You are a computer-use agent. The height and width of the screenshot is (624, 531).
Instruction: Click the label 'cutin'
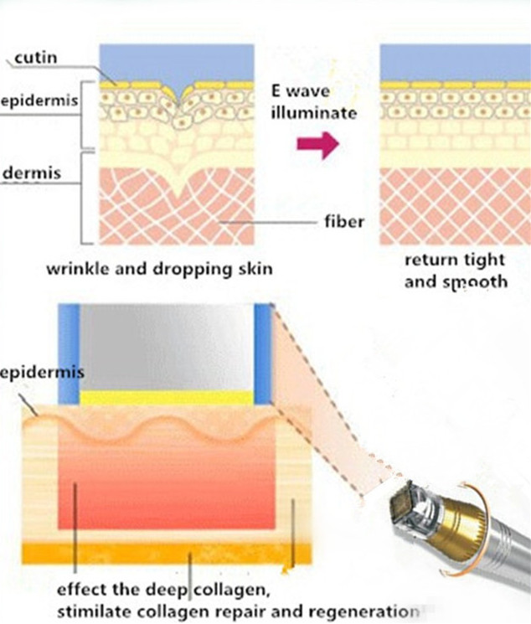point(36,58)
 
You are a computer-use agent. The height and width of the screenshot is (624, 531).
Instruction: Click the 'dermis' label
point(32,173)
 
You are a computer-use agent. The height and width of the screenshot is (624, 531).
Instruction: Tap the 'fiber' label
point(344,221)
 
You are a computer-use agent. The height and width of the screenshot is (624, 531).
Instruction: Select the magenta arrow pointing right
point(318,144)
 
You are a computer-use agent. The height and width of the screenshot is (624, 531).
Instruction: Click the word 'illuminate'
point(314,112)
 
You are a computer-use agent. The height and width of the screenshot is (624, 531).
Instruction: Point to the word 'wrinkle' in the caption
point(77,269)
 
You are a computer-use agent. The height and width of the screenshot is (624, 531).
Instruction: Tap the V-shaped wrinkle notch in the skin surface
point(179,96)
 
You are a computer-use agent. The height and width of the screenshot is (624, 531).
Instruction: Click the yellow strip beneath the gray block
point(168,398)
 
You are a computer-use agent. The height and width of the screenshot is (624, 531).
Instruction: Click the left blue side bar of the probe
point(69,354)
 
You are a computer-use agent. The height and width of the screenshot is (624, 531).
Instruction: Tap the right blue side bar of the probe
point(264,354)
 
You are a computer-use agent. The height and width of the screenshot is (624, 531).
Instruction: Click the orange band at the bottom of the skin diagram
point(167,553)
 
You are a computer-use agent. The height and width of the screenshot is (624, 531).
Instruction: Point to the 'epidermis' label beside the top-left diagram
point(39,101)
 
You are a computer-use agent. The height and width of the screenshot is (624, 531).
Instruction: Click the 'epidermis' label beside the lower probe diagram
point(42,373)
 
